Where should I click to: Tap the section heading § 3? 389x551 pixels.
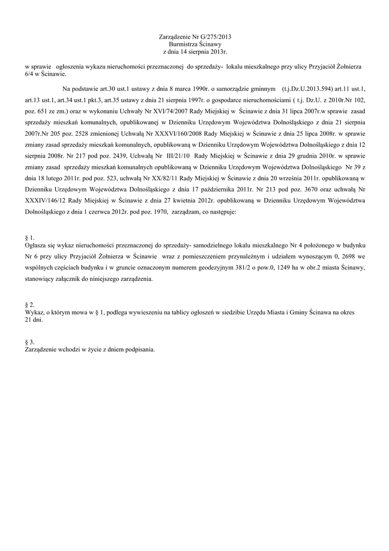(30, 342)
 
